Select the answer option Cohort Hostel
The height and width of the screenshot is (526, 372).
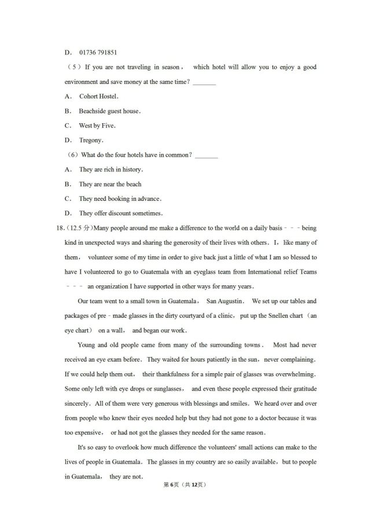coord(98,96)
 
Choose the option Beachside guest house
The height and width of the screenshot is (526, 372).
coord(109,111)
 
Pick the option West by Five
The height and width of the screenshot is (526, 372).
coord(97,125)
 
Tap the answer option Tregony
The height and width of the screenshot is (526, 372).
coord(91,139)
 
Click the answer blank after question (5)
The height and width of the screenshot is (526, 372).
coord(204,82)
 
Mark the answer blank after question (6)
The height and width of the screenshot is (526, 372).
coord(207,155)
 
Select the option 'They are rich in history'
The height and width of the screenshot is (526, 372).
coord(111,169)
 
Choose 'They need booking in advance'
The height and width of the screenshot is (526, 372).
coord(119,198)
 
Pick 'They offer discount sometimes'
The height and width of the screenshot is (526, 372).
coord(120,213)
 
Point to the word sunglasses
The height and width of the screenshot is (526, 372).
coord(167,389)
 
